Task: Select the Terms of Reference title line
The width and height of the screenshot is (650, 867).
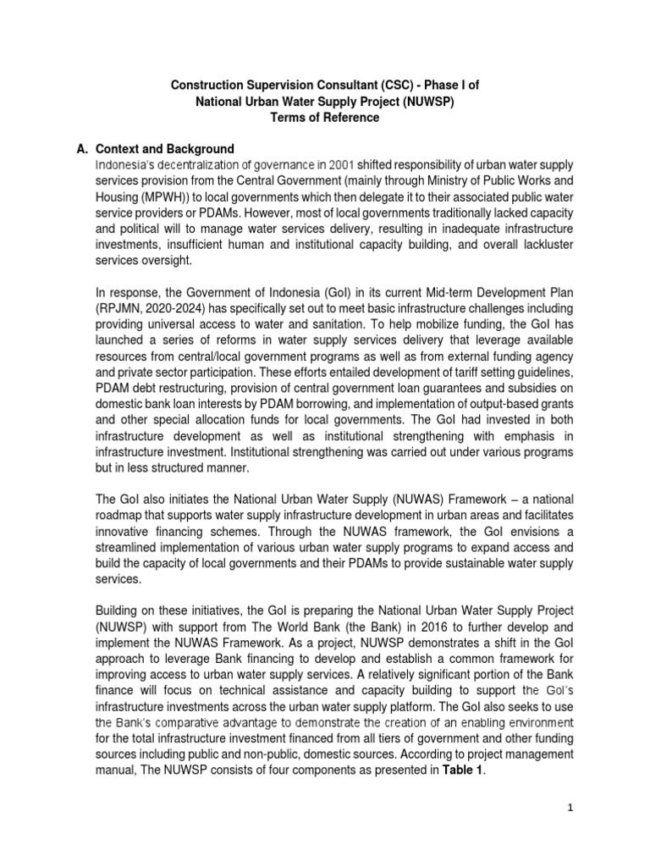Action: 325,118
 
